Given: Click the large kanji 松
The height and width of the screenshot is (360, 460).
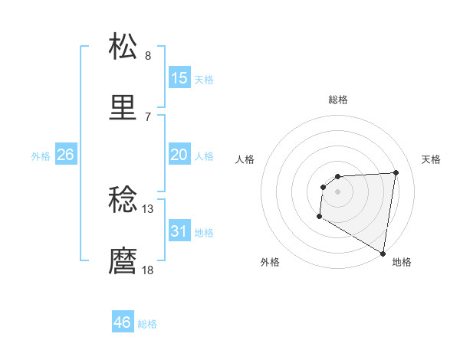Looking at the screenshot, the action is [123, 47].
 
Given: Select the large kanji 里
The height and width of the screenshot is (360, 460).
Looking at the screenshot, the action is [123, 109].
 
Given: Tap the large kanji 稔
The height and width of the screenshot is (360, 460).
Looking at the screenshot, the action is [123, 201].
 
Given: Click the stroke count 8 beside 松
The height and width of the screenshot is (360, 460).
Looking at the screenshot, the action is [148, 56].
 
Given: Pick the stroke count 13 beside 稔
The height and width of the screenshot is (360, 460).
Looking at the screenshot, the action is [148, 208].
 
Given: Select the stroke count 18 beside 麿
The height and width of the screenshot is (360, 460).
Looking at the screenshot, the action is [148, 270].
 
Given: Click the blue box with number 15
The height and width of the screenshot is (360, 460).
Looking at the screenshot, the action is [179, 78].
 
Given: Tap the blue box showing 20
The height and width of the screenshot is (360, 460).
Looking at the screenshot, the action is [179, 155].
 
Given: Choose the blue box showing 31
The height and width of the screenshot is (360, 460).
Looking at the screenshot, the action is [179, 231].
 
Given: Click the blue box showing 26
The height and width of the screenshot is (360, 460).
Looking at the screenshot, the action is [65, 155].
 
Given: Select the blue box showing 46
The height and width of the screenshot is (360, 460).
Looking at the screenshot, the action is [123, 322].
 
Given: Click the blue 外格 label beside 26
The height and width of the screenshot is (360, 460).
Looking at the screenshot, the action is [41, 156].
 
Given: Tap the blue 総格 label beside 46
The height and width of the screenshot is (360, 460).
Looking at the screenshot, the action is [147, 324].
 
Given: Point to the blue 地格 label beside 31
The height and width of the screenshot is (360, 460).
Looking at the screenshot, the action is [204, 233].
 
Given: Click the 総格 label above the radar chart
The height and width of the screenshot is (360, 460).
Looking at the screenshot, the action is [338, 100].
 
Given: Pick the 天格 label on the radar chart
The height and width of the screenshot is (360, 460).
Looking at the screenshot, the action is [432, 159].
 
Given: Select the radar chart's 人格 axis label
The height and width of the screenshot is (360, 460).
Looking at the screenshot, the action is [245, 159].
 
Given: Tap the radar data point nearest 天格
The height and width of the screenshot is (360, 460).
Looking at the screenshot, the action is [396, 172].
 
